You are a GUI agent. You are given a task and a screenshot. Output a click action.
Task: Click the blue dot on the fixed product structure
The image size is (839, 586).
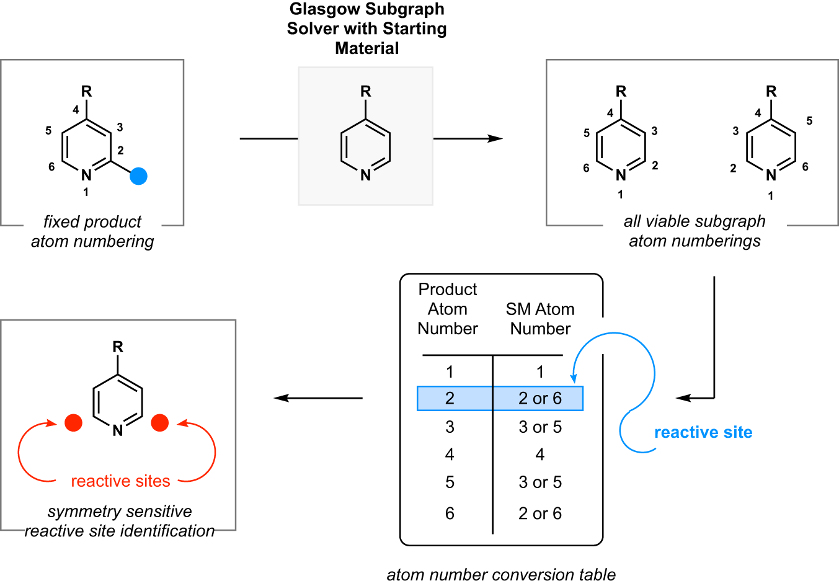coord(138,176)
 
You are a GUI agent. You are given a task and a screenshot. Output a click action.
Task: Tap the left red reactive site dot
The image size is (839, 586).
coord(73,423)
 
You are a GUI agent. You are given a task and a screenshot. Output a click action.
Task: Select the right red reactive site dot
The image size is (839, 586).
coord(160,423)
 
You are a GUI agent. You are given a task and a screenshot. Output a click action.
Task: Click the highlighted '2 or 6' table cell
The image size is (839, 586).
coord(539,398)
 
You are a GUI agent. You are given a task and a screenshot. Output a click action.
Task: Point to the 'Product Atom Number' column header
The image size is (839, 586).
coord(448,309)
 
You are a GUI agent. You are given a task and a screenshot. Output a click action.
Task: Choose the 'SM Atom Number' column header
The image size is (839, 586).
coord(540,319)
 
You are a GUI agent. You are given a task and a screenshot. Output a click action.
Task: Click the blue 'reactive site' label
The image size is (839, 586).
coord(703,432)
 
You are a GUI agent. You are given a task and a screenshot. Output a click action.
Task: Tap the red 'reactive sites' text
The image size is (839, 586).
coord(120,481)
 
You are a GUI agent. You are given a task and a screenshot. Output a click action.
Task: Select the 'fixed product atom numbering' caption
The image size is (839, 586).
coord(92,231)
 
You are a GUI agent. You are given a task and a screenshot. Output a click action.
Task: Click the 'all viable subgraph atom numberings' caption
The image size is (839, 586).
coord(695,231)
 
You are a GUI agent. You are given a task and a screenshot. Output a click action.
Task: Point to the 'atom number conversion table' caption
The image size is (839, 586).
coord(501,575)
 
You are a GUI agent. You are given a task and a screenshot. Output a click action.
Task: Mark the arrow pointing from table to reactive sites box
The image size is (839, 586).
coord(317,398)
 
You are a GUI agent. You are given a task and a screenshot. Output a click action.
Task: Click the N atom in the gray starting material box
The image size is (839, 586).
coord(366,175)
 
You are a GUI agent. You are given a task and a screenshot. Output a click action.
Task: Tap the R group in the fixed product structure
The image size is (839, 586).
coord(86,92)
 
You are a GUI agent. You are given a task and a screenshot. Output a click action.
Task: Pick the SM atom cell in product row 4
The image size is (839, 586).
coord(539,455)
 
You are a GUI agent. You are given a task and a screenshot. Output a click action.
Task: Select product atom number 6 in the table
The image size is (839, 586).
coord(450,513)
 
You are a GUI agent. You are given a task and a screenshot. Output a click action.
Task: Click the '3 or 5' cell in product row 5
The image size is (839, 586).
coord(539,482)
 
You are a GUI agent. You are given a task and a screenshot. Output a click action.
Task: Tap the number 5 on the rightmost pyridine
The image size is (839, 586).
coord(809,121)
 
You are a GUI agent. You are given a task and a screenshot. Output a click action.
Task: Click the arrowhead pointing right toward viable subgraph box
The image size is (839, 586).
coord(495,138)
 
